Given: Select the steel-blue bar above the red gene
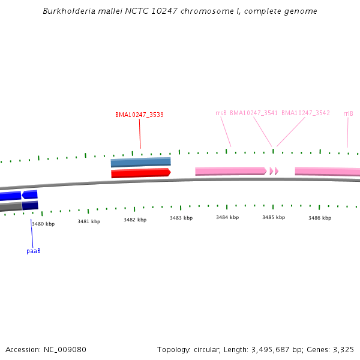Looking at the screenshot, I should [x=140, y=162].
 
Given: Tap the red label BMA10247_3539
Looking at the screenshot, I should [x=139, y=115].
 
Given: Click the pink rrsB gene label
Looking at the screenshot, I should [x=221, y=113].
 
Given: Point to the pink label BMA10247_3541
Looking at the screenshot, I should [x=254, y=113].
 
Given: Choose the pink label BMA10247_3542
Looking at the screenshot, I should [x=305, y=113].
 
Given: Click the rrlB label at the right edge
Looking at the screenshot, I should [x=348, y=113].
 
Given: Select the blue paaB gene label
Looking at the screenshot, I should [x=34, y=251].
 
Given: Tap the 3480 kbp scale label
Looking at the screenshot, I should [x=43, y=224].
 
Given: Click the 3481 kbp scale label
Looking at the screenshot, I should [x=89, y=221].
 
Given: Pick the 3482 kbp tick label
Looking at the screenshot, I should [x=135, y=220].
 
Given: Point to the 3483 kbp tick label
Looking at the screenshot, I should [x=181, y=218].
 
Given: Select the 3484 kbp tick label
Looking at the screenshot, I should [x=227, y=217].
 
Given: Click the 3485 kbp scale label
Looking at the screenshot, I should [x=273, y=217].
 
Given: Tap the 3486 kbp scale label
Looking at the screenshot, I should [x=320, y=218].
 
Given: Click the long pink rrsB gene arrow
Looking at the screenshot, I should [x=230, y=171].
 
